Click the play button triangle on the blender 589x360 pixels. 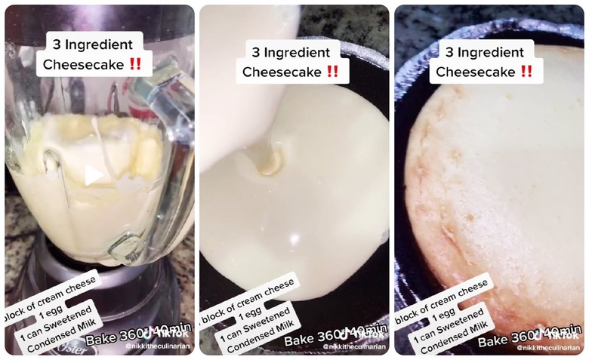pyautogui.click(x=93, y=176)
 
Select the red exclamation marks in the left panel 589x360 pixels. pyautogui.click(x=136, y=64)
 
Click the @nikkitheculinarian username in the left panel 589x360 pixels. pyautogui.click(x=158, y=347)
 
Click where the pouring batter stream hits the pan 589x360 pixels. pyautogui.click(x=267, y=160)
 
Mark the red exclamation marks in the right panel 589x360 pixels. pyautogui.click(x=526, y=72)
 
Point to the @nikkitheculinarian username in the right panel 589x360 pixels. pyautogui.click(x=549, y=347)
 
